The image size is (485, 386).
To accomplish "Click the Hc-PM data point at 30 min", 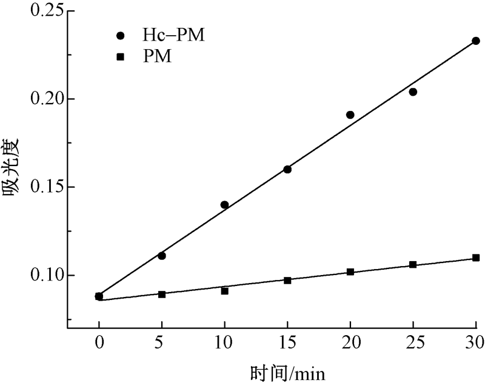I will click(476, 41).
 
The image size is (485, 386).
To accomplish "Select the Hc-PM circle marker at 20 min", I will click(350, 115).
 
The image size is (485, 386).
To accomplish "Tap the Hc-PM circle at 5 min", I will click(162, 256).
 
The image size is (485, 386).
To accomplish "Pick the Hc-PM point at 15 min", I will click(287, 169).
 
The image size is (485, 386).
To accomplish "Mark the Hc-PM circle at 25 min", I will click(413, 92).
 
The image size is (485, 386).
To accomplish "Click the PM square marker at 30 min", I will click(476, 258).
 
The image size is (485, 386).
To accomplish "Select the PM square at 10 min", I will click(224, 291).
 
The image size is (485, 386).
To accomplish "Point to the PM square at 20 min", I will click(350, 272).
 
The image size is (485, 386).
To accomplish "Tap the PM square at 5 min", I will click(162, 294).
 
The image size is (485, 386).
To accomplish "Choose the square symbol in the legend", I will click(121, 58).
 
